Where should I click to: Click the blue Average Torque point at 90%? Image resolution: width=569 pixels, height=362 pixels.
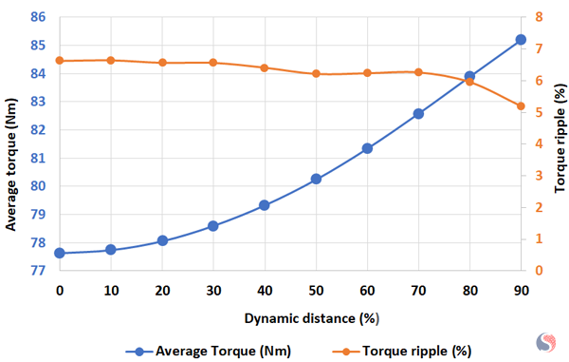[521, 40]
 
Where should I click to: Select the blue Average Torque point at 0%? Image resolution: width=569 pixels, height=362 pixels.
[60, 253]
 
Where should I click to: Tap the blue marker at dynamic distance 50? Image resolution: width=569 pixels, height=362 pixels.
[316, 179]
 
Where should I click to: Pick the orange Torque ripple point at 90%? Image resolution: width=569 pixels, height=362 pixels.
[521, 105]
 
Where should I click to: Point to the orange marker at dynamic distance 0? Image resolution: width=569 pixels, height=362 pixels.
[60, 61]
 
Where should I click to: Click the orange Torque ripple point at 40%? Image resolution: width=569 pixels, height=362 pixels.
[265, 67]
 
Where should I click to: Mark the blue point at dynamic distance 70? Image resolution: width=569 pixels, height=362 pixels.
[418, 113]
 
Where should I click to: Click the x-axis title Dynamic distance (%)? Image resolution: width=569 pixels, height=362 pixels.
[290, 316]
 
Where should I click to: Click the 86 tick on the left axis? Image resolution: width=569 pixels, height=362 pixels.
[39, 17]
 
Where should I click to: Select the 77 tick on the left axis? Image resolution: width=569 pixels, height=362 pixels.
[39, 271]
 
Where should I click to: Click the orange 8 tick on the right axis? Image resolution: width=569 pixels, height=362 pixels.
[539, 17]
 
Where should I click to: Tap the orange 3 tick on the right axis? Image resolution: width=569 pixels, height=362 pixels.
[539, 176]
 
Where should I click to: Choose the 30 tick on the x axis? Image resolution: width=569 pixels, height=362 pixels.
[213, 290]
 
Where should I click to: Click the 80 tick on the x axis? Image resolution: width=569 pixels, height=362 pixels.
[469, 290]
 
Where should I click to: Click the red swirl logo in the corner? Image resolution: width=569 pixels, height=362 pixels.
[548, 341]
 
